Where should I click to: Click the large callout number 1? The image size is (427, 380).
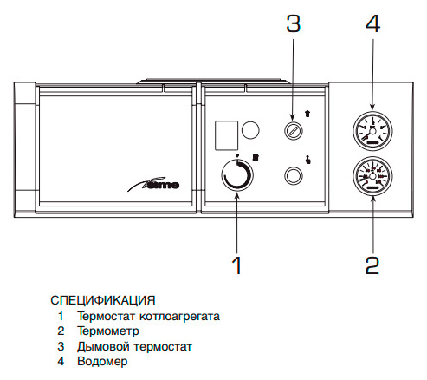tap(237, 265)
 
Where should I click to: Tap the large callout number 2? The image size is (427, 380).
tap(372, 265)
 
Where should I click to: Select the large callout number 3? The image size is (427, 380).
tap(294, 23)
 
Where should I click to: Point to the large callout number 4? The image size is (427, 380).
tap(372, 23)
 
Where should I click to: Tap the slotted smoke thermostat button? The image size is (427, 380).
tap(294, 130)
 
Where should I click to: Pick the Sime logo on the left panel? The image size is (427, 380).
tap(153, 184)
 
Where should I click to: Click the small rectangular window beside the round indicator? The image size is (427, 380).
tap(226, 135)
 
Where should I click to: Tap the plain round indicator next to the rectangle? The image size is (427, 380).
tap(250, 130)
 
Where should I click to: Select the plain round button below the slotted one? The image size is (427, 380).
tap(294, 175)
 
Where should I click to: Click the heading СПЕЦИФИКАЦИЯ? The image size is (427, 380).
tap(103, 300)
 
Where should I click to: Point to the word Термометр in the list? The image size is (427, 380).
tap(108, 331)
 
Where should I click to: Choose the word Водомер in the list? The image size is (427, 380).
tap(102, 362)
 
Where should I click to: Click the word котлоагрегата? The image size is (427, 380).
tap(179, 316)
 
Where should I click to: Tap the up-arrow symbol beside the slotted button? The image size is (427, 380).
tap(307, 114)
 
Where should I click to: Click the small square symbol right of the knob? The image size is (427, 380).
tap(256, 158)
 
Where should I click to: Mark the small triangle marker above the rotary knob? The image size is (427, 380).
tap(237, 156)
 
